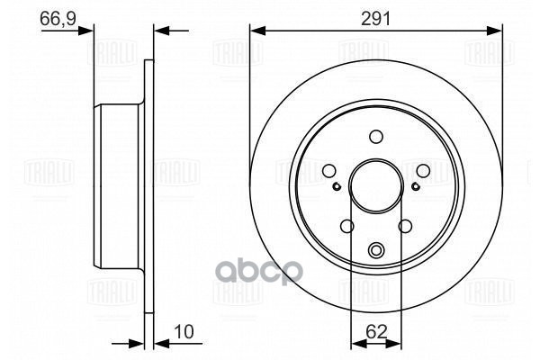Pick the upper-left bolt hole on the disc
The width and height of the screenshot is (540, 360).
click(x=329, y=170)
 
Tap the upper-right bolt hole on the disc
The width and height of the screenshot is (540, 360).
click(x=421, y=170)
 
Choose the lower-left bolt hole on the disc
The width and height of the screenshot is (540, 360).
click(x=346, y=226)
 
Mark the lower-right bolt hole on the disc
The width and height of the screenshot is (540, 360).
click(x=404, y=226)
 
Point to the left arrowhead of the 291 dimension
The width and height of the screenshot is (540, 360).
click(x=256, y=31)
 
